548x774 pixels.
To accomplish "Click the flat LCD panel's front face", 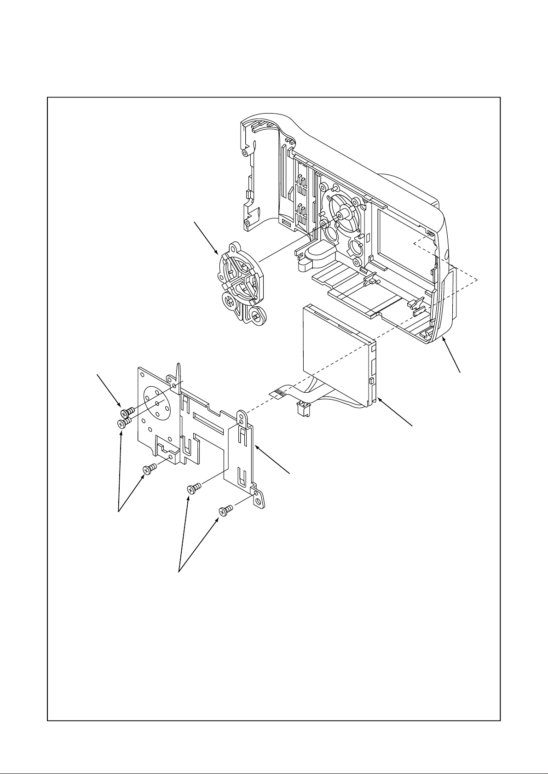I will tap(331, 350).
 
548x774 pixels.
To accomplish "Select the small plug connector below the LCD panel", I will tap(302, 408).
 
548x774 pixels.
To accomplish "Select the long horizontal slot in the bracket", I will tap(209, 422).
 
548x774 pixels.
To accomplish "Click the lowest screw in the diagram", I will tap(225, 510).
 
